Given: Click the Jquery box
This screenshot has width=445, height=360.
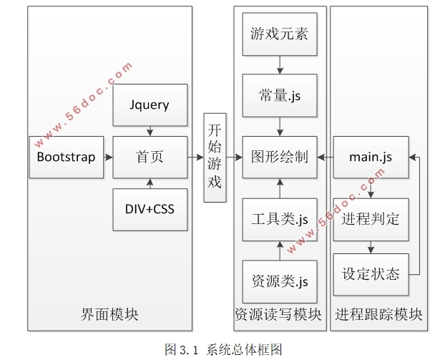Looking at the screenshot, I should coord(150,105).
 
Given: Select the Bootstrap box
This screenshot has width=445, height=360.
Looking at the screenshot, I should coord(66,157).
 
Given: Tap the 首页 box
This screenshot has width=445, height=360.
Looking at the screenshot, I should coord(150,157).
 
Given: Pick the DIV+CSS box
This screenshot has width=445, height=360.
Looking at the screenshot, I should coord(150,209).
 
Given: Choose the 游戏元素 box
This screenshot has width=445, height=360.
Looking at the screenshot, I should coord(279,34).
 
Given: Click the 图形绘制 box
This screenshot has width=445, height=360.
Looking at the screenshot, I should coord(279,157).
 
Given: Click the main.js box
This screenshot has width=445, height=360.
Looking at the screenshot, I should coord(371,157).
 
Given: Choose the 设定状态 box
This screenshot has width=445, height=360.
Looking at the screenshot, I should coord(371,274).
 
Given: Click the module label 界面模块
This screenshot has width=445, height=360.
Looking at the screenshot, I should coord(109,314).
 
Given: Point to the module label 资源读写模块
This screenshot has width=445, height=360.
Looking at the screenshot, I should coord(278,314).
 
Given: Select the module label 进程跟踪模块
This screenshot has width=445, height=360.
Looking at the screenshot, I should coord(378,314).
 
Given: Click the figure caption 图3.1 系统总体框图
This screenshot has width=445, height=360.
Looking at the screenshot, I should coord(223,349).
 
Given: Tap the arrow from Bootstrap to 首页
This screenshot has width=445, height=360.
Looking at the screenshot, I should coord(105,157).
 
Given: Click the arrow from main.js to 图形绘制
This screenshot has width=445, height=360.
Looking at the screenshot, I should coord(325,157).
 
